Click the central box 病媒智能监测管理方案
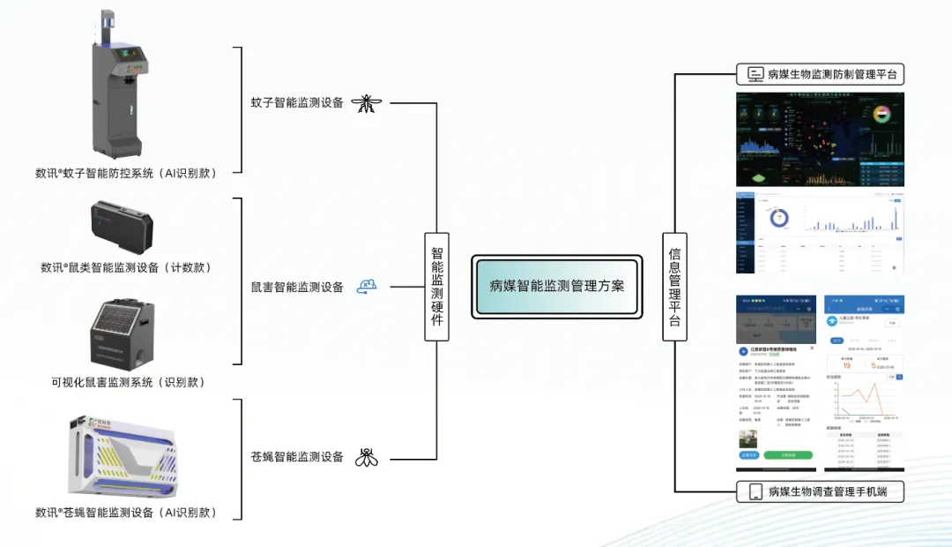pos(556,286)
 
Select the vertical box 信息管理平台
pos(674,286)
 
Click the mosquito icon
pos(367,103)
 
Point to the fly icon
pos(367,457)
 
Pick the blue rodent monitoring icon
pos(367,286)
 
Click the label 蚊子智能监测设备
pos(297,103)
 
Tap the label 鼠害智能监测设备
pos(297,287)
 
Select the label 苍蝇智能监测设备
pos(297,457)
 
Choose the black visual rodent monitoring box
pos(120,333)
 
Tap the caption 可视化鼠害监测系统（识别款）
pos(128,382)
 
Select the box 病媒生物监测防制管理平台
pos(821,74)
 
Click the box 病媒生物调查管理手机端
pos(821,491)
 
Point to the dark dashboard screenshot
pos(820,139)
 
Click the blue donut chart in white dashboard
pos(778,217)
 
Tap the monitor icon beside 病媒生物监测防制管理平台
pos(755,74)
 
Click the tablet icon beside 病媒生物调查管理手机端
pos(755,491)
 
